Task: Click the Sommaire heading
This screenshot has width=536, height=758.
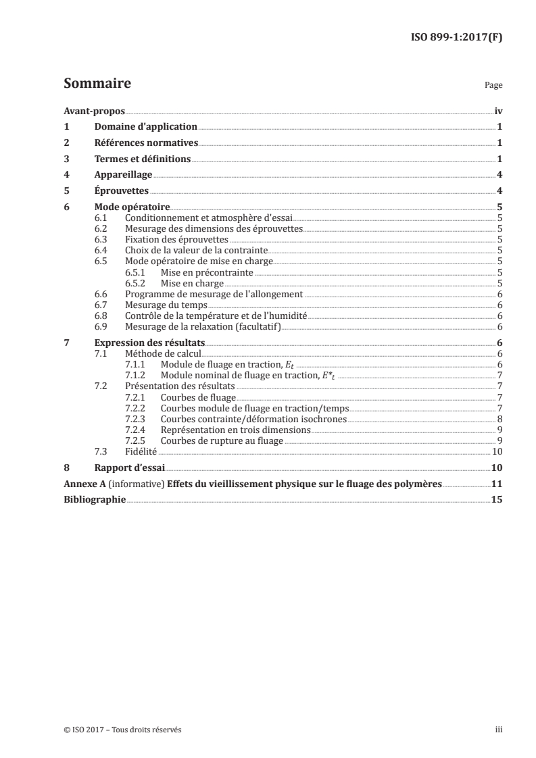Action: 97,84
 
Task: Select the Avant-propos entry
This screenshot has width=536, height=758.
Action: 90,111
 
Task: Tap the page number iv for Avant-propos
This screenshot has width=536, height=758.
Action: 498,111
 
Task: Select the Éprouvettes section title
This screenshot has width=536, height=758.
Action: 122,191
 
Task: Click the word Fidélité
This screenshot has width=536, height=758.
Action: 143,451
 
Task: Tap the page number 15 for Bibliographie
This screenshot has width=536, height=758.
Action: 497,500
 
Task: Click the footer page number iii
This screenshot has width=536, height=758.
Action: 499,730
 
